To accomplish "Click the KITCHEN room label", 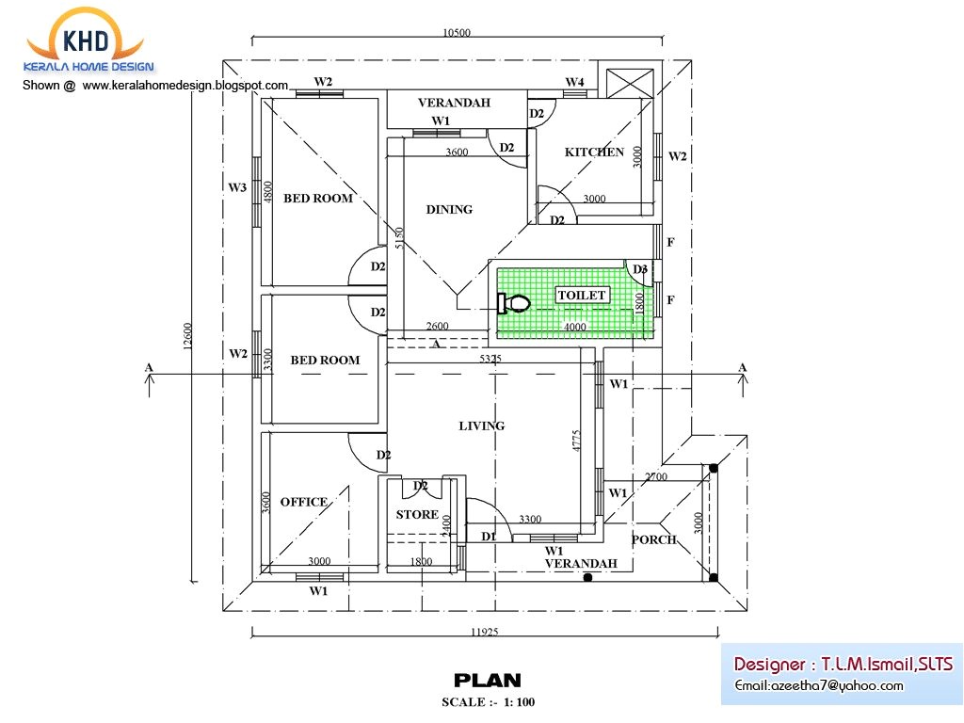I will tap(594, 153).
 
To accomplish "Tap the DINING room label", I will tap(449, 210).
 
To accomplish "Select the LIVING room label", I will tap(481, 426).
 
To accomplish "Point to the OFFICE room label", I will tap(303, 503).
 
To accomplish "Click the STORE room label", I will tap(416, 515).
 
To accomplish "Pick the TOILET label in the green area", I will tap(583, 296).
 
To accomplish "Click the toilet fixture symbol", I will tap(513, 303).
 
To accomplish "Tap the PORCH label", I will tap(653, 540).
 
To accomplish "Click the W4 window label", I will tap(574, 83).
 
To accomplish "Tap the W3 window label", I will tap(237, 188).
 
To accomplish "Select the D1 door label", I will tap(489, 537).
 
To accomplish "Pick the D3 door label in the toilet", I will tap(640, 270).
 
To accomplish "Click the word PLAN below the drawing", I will tap(487, 681).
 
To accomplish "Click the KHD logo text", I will tap(86, 40).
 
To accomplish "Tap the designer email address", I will tap(819, 685).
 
